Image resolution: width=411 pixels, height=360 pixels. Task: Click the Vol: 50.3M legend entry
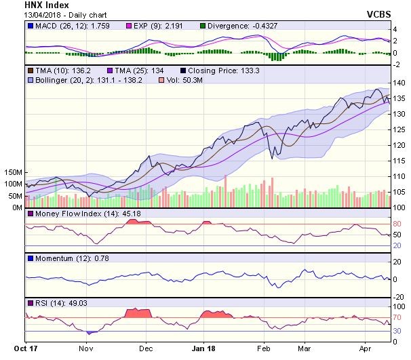pyautogui.click(x=186, y=80)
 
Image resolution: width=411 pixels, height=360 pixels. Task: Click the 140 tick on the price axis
pyautogui.click(x=399, y=83)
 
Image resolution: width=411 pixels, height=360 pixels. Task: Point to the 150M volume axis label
pyautogui.click(x=14, y=173)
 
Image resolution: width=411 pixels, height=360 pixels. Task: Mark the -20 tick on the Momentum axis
pyautogui.click(x=399, y=296)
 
